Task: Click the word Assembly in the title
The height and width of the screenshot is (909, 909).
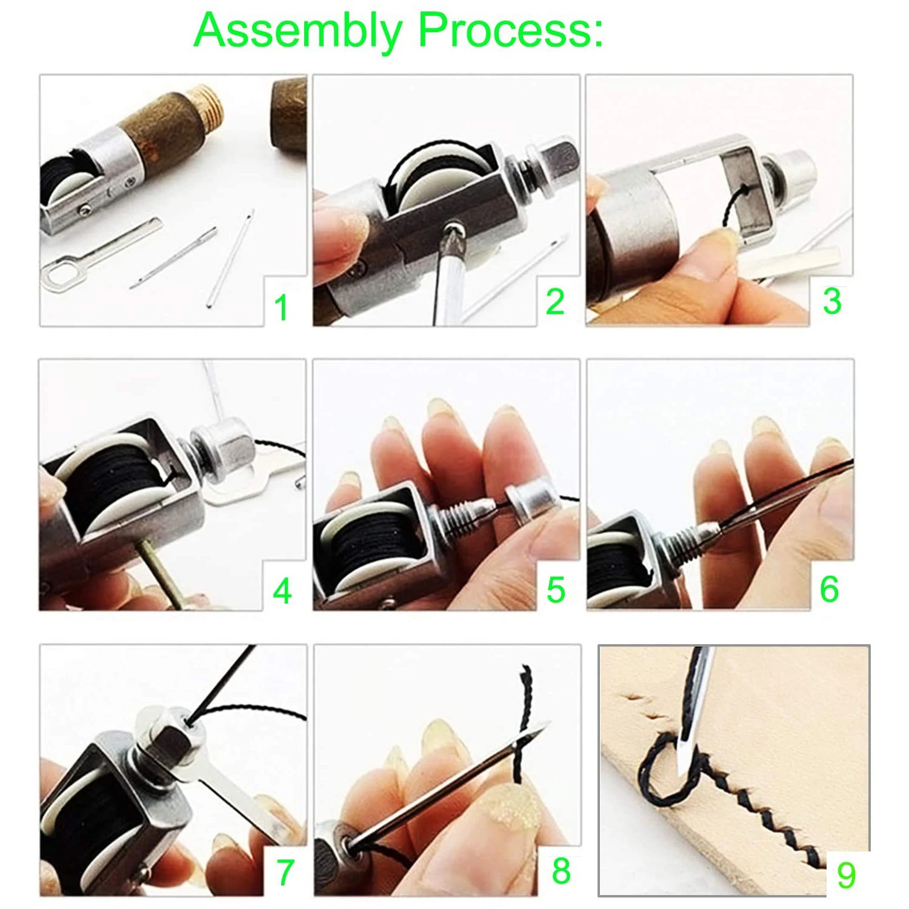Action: (x=298, y=30)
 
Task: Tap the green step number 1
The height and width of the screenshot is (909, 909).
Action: (x=281, y=307)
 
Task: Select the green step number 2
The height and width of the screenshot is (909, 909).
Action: (x=556, y=302)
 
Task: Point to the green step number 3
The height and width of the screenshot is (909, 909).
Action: (x=832, y=301)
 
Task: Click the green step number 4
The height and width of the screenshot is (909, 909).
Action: (x=282, y=590)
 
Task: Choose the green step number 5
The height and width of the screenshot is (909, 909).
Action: (x=556, y=590)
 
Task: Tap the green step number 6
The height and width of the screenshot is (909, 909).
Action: (x=830, y=589)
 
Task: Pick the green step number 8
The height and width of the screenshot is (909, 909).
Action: (x=561, y=871)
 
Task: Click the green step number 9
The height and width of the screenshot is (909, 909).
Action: (x=847, y=875)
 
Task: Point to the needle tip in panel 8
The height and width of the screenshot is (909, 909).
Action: (x=548, y=724)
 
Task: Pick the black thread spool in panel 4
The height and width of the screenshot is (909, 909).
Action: (x=118, y=493)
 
